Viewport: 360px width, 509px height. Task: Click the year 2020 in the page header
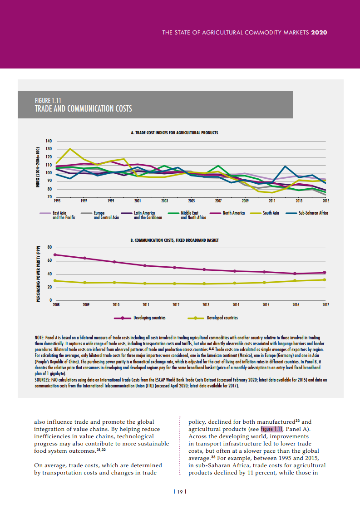click(319, 33)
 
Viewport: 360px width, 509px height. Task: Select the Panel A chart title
click(174, 133)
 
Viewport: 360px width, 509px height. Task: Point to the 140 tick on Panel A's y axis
click(49, 142)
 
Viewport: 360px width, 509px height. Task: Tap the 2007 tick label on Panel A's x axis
click(218, 200)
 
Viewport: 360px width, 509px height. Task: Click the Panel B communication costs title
click(174, 240)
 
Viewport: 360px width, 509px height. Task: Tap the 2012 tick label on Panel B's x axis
click(176, 305)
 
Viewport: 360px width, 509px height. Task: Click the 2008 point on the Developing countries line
click(55, 254)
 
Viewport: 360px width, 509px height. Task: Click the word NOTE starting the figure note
click(39, 338)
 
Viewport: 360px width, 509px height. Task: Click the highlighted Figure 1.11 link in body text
click(271, 429)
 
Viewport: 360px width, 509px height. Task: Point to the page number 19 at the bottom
click(180, 492)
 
